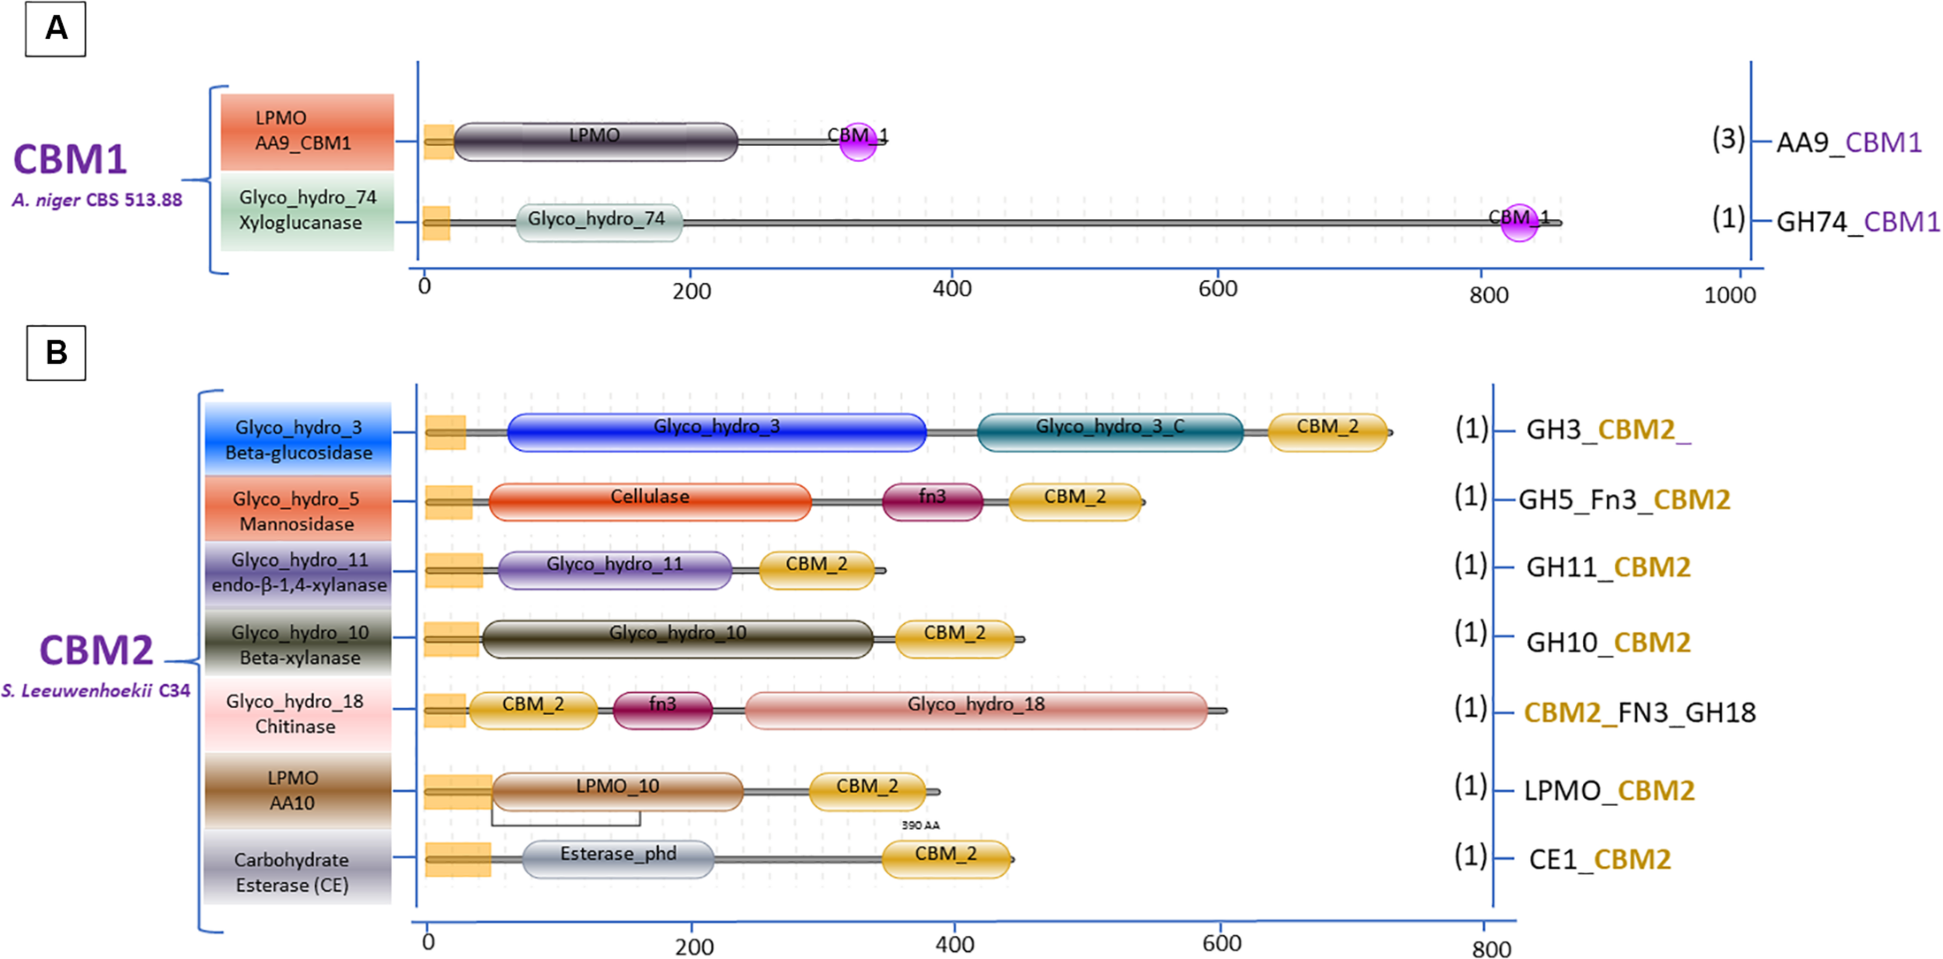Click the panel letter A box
[x=55, y=30]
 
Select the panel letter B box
[x=56, y=353]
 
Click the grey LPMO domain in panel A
[x=595, y=141]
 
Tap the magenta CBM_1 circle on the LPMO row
[x=857, y=141]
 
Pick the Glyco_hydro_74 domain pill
[x=599, y=222]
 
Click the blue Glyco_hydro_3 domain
[x=716, y=432]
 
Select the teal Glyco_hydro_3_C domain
[x=1110, y=432]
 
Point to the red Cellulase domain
[x=650, y=501]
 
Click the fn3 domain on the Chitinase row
[x=662, y=710]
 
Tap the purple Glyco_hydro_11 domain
[x=614, y=570]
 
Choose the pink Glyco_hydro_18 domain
[x=975, y=710]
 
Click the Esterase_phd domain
[x=618, y=859]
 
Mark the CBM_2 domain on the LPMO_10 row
[x=867, y=791]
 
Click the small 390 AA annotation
[x=920, y=825]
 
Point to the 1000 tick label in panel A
[x=1729, y=295]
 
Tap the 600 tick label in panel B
[x=1221, y=943]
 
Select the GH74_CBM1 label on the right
[x=1858, y=222]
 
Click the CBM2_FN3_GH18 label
[x=1639, y=713]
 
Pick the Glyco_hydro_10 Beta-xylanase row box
[x=298, y=644]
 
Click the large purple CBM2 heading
[x=96, y=650]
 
